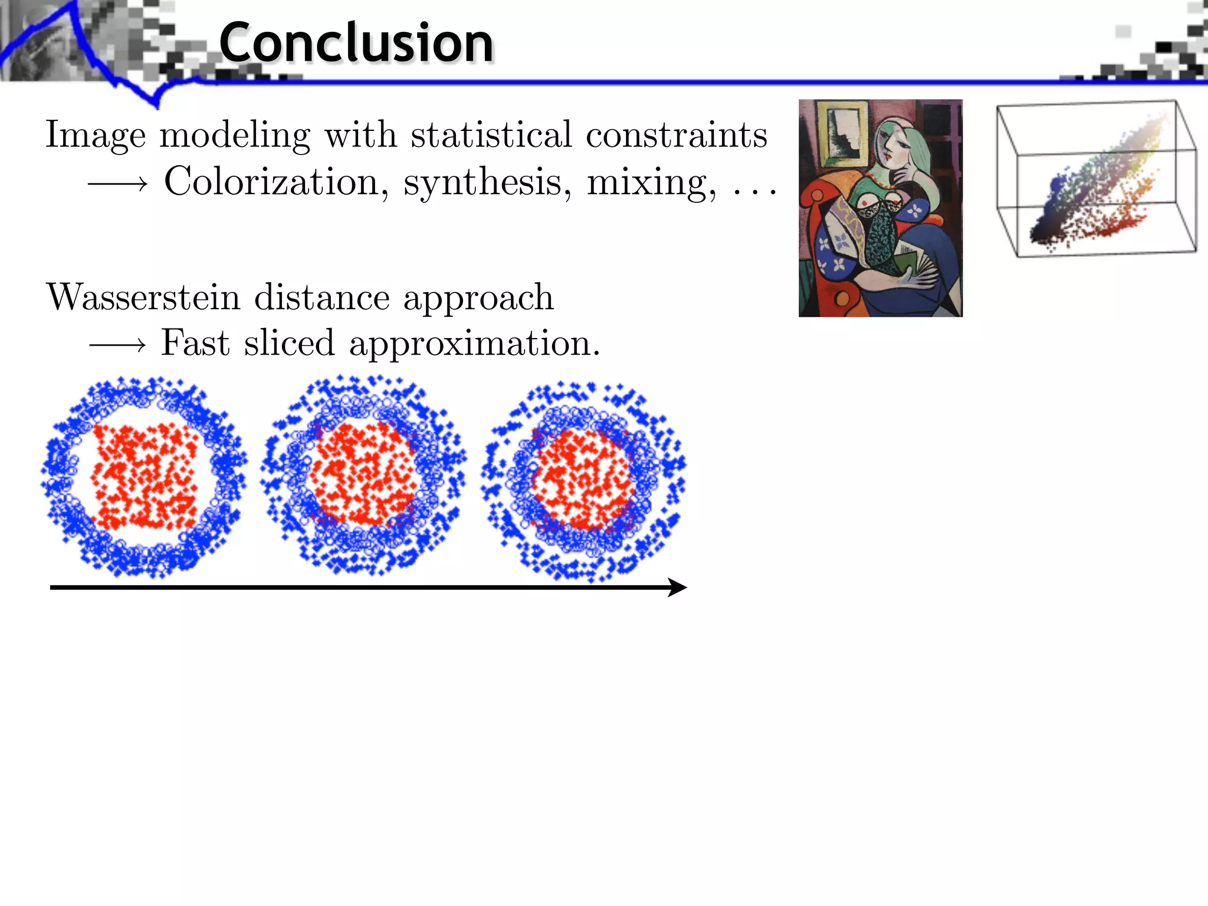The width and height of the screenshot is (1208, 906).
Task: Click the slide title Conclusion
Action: click(356, 42)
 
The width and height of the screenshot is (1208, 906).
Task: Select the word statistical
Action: click(491, 134)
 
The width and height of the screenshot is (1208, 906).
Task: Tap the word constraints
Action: click(676, 134)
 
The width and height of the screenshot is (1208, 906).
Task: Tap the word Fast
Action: click(195, 343)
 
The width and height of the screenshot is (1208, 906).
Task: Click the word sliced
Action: click(289, 343)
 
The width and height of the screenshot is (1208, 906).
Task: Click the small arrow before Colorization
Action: click(117, 185)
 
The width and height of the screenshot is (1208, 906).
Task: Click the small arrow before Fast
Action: click(117, 344)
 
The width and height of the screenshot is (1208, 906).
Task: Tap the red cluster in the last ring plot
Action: click(583, 479)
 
